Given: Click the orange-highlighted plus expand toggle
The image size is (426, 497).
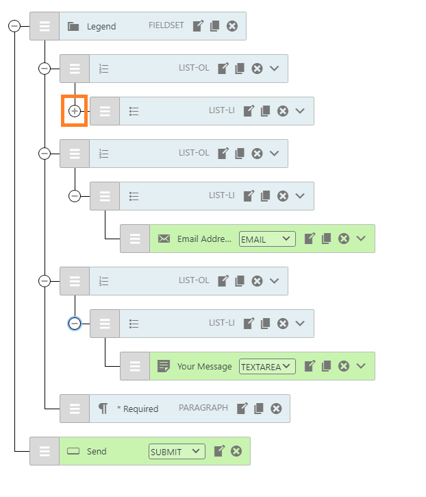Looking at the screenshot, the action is pos(75,111).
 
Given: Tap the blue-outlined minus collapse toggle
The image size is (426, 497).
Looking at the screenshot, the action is pos(75,324).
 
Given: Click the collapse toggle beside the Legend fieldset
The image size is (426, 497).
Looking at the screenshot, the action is pos(14,26).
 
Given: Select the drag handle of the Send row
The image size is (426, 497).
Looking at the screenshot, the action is pos(45,451).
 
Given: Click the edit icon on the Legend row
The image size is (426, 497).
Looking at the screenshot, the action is pos(198,25).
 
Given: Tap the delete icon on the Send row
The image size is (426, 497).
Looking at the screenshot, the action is pos(236,451).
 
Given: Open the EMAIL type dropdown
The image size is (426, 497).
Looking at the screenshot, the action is pos(267,239).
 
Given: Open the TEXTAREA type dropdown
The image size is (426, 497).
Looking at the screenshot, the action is pos(267,367).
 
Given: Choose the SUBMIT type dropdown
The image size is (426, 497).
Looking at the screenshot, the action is pos(177,451).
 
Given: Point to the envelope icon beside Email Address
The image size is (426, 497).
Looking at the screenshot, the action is pos(164,239).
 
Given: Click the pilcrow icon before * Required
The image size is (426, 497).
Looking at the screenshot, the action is pos(103,409).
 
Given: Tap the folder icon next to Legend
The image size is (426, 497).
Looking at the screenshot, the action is pos(73,26).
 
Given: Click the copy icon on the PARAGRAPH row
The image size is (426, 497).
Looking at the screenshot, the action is pos(259,409).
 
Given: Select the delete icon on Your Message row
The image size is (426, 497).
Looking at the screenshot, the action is pos(344,366).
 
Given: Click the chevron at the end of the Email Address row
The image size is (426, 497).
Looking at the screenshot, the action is pos(361,238).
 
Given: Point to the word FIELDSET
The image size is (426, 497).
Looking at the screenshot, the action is pos(166,25).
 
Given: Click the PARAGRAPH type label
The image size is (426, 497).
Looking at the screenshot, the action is pos(203,408).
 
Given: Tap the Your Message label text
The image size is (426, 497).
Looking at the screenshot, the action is pos(205,367).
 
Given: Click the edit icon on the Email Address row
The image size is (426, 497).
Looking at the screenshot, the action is pos(310,239).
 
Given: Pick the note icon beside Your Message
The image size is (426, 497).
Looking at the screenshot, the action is pos(164,366).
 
